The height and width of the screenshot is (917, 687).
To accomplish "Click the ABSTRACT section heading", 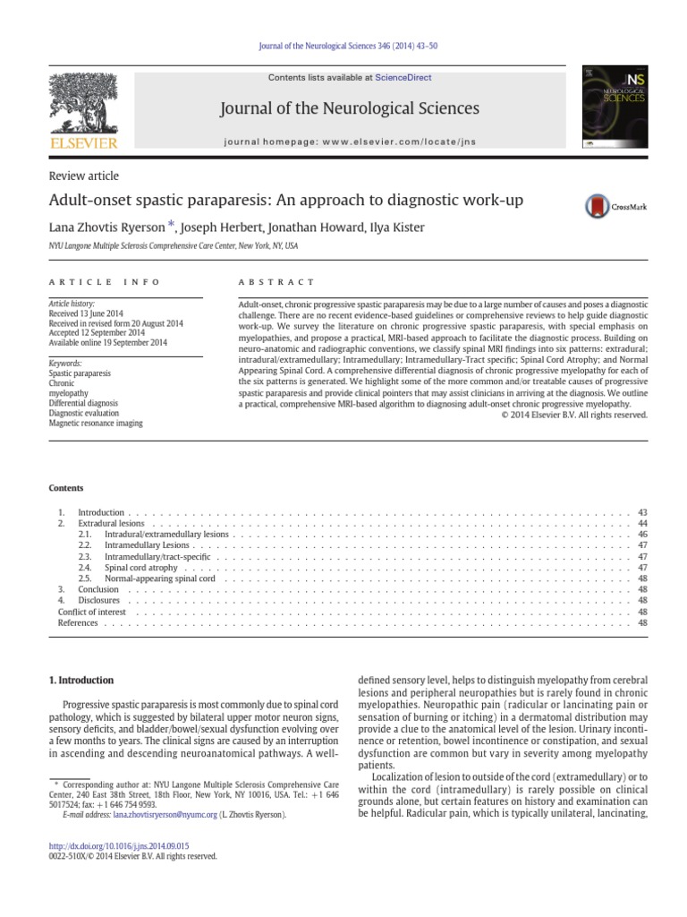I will click(x=276, y=282).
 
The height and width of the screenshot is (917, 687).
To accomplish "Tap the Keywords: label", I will click(x=64, y=364).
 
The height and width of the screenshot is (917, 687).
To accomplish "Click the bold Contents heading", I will click(x=65, y=488).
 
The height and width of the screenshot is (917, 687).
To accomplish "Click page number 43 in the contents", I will click(x=642, y=512).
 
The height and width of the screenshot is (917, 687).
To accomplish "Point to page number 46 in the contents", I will click(x=642, y=534).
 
